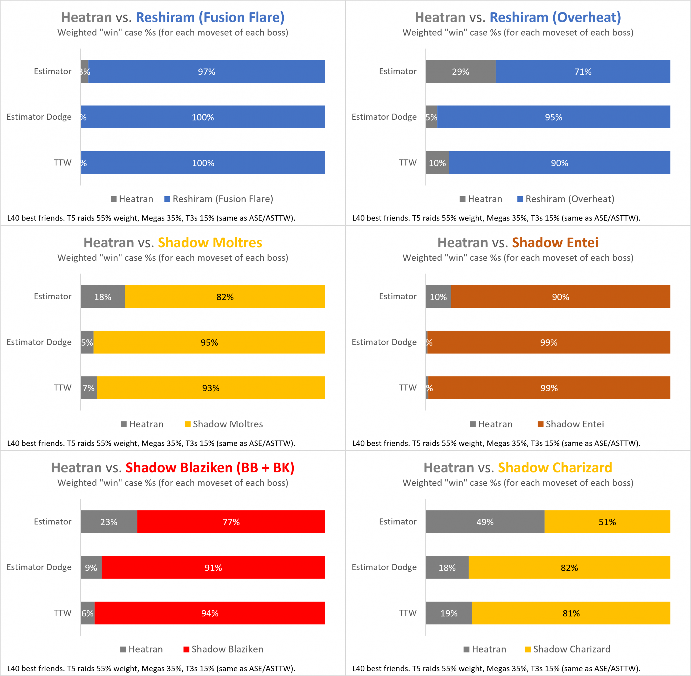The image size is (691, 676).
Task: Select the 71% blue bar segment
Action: pyautogui.click(x=583, y=71)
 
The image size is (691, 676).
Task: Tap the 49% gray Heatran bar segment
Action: pyautogui.click(x=485, y=521)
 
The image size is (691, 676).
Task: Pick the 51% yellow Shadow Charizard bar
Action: pyautogui.click(x=607, y=521)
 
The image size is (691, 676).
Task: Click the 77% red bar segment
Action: pyautogui.click(x=231, y=521)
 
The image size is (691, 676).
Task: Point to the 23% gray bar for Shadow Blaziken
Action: pyautogui.click(x=109, y=521)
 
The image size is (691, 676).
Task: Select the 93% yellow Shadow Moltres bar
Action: pyautogui.click(x=211, y=388)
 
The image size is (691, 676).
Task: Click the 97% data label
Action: pyautogui.click(x=206, y=72)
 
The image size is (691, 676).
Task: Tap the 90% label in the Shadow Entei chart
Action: pyautogui.click(x=561, y=297)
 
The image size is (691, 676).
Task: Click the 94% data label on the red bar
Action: pyautogui.click(x=210, y=613)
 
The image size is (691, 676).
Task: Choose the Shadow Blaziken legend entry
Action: pyautogui.click(x=223, y=649)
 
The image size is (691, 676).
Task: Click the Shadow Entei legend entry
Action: pyautogui.click(x=571, y=424)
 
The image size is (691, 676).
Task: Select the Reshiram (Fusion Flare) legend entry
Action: pyautogui.click(x=219, y=199)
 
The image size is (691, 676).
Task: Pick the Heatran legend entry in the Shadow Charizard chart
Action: pyautogui.click(x=485, y=649)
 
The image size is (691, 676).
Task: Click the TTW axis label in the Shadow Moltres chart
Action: pyautogui.click(x=63, y=388)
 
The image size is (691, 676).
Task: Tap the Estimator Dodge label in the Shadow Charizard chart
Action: pyautogui.click(x=384, y=567)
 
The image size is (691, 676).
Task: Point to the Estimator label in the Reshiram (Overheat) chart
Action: pyautogui.click(x=397, y=71)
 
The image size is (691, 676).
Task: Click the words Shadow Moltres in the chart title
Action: pyautogui.click(x=210, y=242)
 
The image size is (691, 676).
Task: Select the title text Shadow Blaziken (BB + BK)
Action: pyautogui.click(x=210, y=468)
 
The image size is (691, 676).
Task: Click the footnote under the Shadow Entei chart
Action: pyautogui.click(x=496, y=443)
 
